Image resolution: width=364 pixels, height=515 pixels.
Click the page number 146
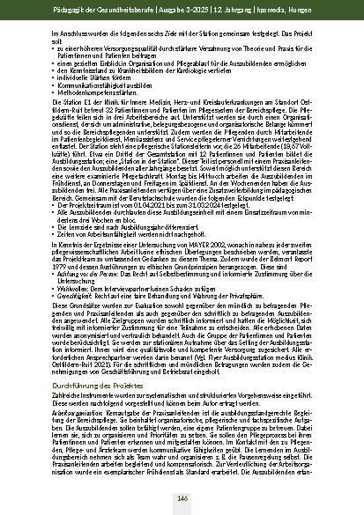click(x=182, y=499)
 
